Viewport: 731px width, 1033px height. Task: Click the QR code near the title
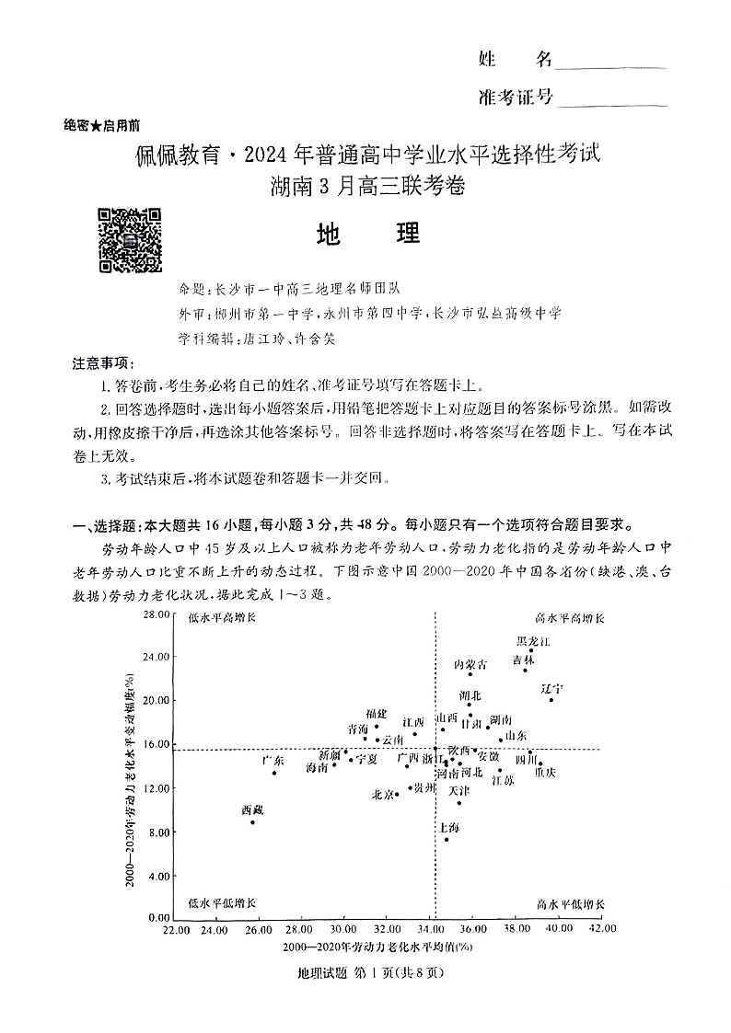point(130,241)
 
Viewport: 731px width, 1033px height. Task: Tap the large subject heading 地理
point(366,234)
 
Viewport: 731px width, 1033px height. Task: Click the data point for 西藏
point(252,821)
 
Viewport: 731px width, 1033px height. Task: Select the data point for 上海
point(447,839)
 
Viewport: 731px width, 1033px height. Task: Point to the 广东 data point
point(273,773)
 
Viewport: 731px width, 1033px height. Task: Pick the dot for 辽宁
point(551,700)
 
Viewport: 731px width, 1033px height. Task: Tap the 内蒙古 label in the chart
point(470,664)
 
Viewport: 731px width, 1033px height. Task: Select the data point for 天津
point(459,803)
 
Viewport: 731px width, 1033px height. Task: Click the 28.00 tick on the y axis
point(158,614)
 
